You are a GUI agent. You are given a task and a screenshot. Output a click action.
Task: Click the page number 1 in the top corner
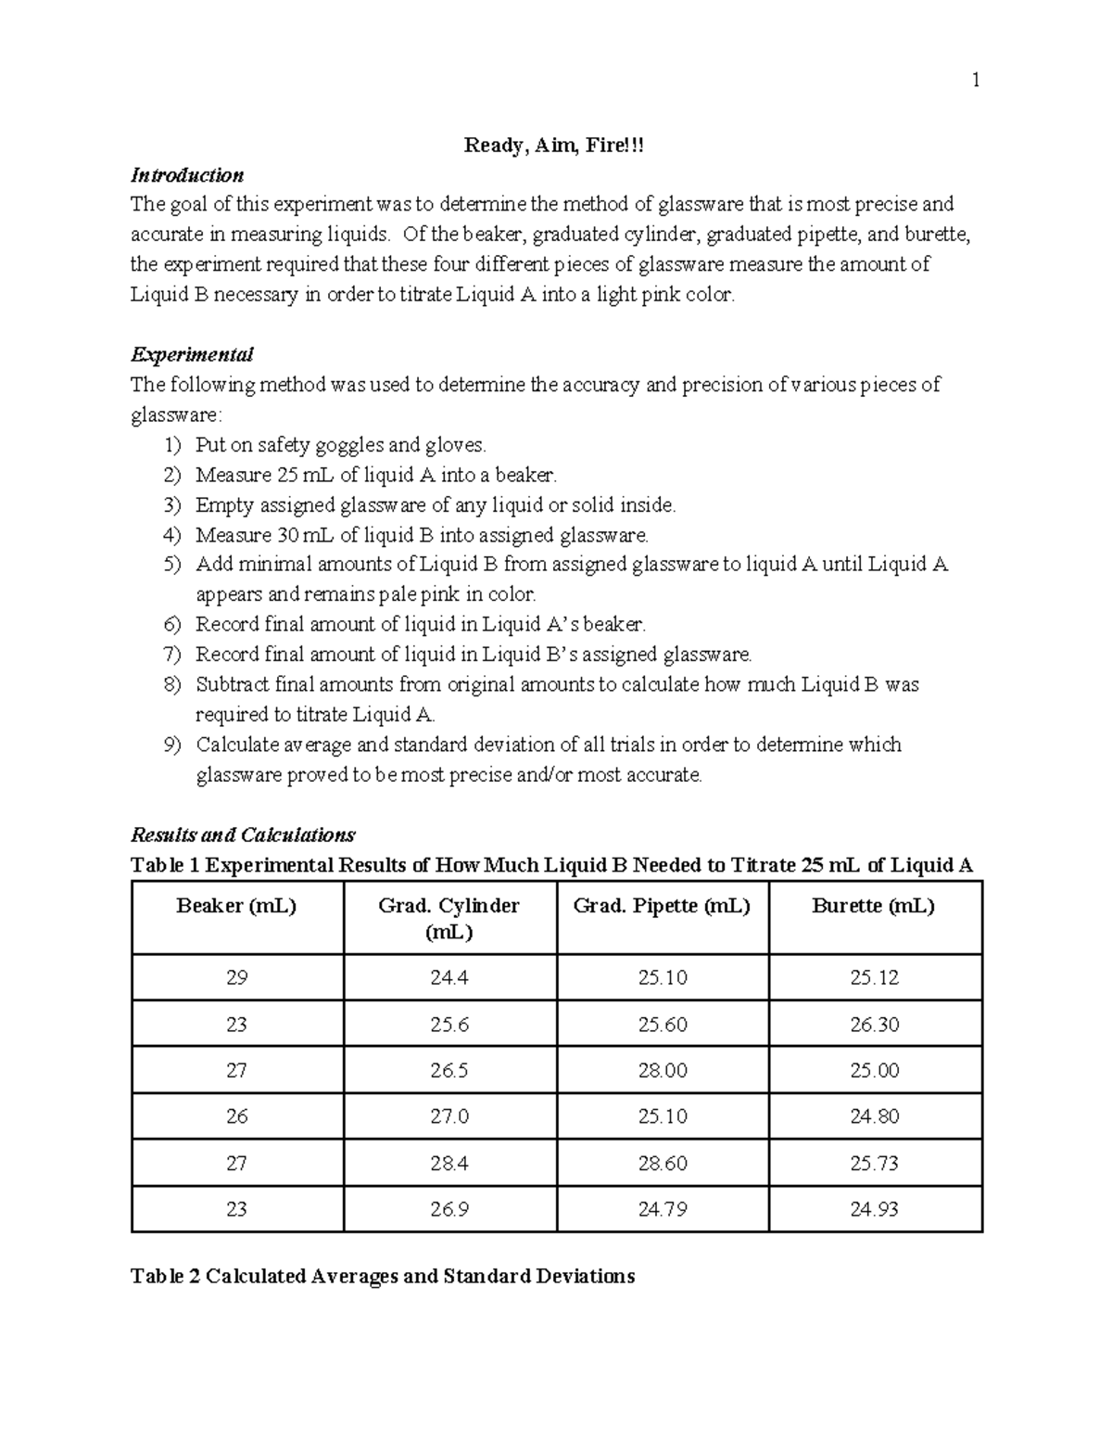point(975,81)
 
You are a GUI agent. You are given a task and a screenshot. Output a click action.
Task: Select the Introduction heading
point(187,175)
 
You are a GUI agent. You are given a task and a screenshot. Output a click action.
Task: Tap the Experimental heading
point(192,354)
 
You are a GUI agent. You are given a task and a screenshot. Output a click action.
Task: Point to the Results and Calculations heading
point(243,835)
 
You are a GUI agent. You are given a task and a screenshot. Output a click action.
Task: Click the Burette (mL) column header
point(873,906)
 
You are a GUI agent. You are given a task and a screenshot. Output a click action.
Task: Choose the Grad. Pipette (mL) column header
point(662,906)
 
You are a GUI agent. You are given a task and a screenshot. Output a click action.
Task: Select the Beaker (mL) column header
point(236,906)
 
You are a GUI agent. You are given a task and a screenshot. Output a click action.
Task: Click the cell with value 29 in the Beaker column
point(236,977)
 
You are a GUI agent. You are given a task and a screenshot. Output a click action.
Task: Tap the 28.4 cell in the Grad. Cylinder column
point(449,1163)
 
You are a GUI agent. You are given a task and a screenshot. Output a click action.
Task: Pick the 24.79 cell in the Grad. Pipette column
point(663,1209)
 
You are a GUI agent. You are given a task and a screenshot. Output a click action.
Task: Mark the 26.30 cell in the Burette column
point(875,1025)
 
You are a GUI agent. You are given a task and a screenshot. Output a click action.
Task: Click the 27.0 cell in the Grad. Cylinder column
point(449,1116)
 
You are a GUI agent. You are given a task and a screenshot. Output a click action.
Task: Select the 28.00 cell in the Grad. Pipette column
point(663,1070)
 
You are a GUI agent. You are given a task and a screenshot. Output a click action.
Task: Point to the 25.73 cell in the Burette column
point(875,1163)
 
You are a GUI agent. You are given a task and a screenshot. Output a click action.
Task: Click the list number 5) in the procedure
point(172,565)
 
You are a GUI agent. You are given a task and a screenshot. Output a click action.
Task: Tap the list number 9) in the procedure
point(172,745)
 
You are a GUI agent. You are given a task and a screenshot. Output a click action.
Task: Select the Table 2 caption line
point(383,1276)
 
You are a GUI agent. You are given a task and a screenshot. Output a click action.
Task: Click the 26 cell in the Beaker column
point(236,1116)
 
